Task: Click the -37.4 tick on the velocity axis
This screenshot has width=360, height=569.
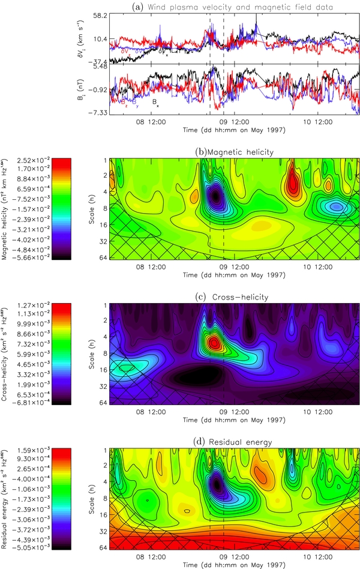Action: click(98, 62)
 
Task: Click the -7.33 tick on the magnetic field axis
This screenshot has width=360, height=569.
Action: click(98, 113)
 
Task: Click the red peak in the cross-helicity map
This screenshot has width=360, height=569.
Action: click(214, 343)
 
